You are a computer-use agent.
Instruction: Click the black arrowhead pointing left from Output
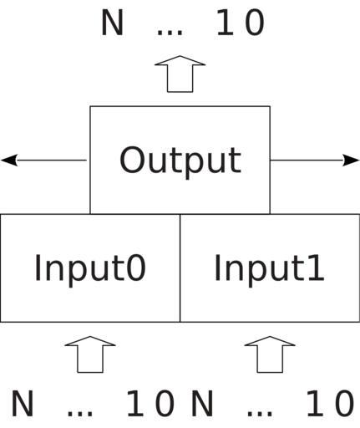pyautogui.click(x=9, y=160)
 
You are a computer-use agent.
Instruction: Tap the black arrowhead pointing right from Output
pyautogui.click(x=351, y=160)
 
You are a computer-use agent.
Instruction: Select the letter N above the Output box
pyautogui.click(x=112, y=23)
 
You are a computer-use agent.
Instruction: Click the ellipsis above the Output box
pyautogui.click(x=170, y=33)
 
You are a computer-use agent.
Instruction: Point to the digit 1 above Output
pyautogui.click(x=226, y=23)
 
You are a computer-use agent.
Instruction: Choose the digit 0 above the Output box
pyautogui.click(x=255, y=23)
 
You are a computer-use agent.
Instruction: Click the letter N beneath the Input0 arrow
pyautogui.click(x=23, y=403)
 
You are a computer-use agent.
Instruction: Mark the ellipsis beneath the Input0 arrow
pyautogui.click(x=80, y=414)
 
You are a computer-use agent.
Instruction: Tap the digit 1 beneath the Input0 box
pyautogui.click(x=136, y=403)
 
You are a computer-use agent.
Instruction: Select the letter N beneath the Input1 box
pyautogui.click(x=202, y=403)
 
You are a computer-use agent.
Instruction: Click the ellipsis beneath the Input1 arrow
pyautogui.click(x=260, y=414)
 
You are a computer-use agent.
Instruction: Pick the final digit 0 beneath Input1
pyautogui.click(x=345, y=403)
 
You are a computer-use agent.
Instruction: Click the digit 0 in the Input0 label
pyautogui.click(x=137, y=267)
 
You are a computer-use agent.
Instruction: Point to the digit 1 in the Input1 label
pyautogui.click(x=317, y=267)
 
